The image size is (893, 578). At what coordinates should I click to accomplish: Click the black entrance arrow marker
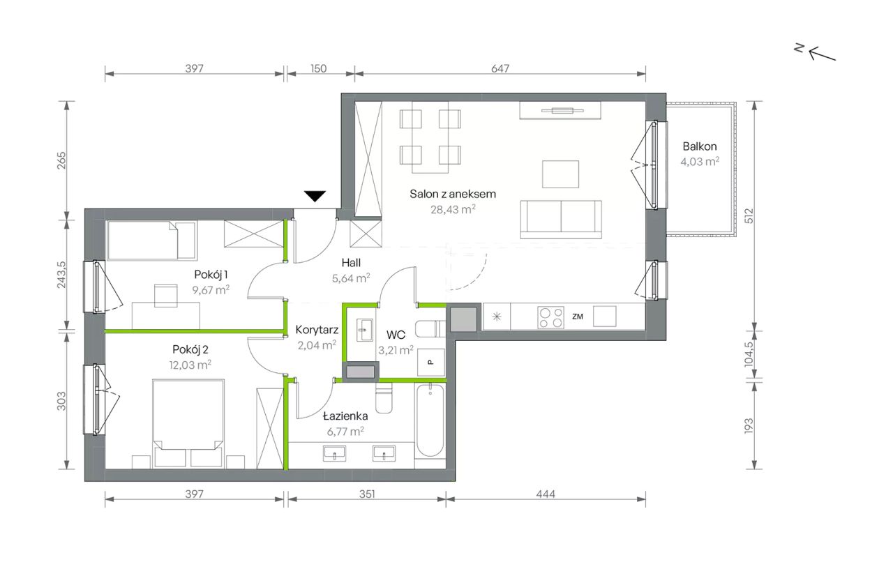[315, 197]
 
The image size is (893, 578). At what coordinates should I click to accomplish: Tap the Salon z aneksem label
[453, 194]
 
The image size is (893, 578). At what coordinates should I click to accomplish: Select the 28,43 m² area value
[453, 209]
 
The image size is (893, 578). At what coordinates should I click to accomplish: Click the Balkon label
[700, 146]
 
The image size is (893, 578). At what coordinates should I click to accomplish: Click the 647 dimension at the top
[500, 68]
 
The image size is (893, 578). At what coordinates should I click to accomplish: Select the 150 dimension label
[318, 68]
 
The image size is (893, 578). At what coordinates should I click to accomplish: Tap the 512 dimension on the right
[749, 215]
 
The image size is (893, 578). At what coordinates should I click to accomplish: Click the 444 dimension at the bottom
[546, 494]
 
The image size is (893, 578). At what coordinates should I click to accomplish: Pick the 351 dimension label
[367, 494]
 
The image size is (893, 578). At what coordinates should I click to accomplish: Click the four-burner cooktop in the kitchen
[550, 317]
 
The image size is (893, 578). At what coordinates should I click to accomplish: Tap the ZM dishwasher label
[577, 317]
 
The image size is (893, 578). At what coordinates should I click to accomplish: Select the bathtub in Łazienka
[430, 420]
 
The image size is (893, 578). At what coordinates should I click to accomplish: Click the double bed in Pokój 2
[188, 423]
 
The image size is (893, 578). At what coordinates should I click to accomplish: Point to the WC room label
[396, 335]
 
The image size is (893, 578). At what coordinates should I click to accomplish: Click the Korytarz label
[317, 330]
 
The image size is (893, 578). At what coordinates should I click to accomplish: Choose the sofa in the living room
[561, 220]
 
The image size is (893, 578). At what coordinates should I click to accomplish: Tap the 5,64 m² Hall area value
[351, 277]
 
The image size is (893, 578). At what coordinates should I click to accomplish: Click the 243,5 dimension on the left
[61, 275]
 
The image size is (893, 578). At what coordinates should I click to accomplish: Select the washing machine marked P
[431, 362]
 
